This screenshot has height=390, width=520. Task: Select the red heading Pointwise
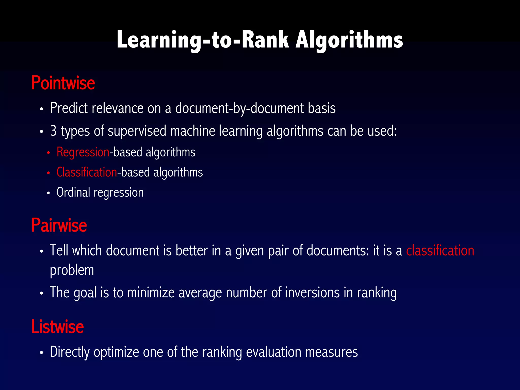pyautogui.click(x=63, y=83)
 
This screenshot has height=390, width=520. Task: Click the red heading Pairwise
pyautogui.click(x=59, y=225)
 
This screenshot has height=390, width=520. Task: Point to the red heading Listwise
pyautogui.click(x=57, y=327)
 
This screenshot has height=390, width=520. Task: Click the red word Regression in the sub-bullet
pyautogui.click(x=83, y=152)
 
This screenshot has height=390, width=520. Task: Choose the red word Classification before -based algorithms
pyautogui.click(x=87, y=172)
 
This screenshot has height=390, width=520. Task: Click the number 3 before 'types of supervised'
pyautogui.click(x=53, y=131)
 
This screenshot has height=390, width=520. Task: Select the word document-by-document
pyautogui.click(x=239, y=108)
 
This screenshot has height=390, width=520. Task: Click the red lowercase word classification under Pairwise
pyautogui.click(x=440, y=251)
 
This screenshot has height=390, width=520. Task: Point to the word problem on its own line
pyautogui.click(x=72, y=270)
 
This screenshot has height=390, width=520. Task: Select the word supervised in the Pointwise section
pyautogui.click(x=137, y=131)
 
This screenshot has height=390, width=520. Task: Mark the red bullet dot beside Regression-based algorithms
pyautogui.click(x=48, y=153)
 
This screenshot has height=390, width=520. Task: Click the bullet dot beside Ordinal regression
pyautogui.click(x=48, y=193)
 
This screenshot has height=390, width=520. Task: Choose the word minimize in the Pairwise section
pyautogui.click(x=151, y=292)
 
